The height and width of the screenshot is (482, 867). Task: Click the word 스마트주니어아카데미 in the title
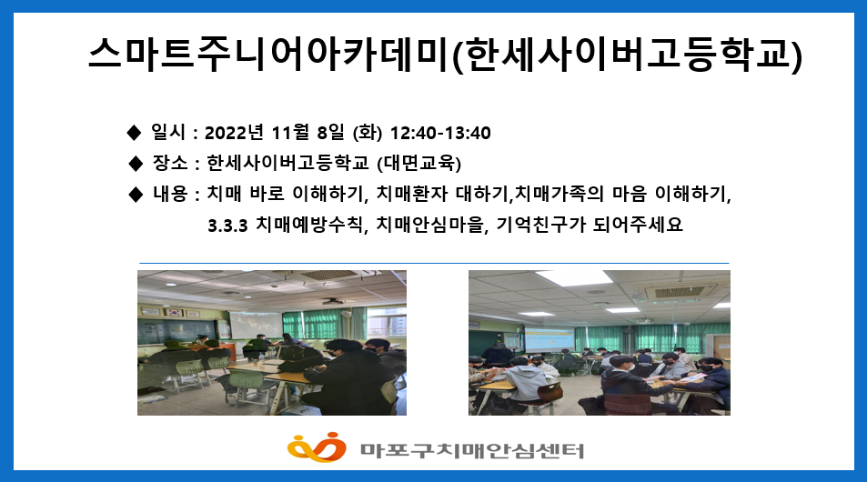point(268,55)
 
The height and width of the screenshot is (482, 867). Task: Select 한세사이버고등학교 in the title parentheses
point(627,55)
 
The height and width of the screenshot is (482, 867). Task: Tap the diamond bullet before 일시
point(133,133)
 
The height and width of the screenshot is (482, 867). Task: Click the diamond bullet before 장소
point(135,163)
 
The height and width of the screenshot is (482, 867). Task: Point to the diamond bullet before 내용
point(135,194)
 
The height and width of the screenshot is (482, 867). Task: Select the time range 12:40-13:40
point(440,133)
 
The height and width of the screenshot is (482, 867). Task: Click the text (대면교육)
point(419,163)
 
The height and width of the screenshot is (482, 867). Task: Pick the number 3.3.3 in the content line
point(227,226)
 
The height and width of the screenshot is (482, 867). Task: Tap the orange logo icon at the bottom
point(317,447)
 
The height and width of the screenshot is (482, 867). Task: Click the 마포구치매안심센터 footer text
point(472,450)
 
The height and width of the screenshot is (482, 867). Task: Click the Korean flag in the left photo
point(175,312)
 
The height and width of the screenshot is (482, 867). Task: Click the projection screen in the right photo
point(550,339)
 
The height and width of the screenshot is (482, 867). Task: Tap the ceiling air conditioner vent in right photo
point(679,291)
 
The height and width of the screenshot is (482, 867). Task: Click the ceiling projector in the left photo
point(334,302)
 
